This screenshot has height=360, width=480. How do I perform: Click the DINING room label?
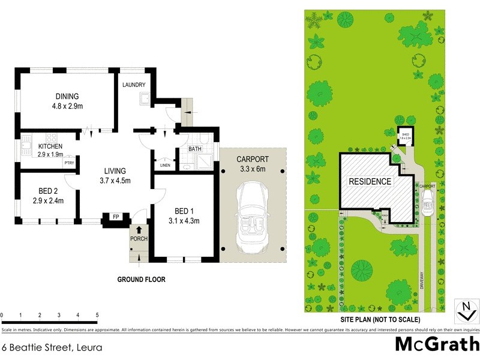pyautogui.click(x=67, y=96)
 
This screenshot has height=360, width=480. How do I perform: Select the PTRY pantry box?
pyautogui.click(x=70, y=162)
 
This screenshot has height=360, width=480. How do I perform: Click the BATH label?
pyautogui.click(x=195, y=149)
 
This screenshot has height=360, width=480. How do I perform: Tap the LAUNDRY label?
pyautogui.click(x=134, y=85)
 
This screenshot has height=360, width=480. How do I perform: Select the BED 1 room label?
pyautogui.click(x=183, y=212)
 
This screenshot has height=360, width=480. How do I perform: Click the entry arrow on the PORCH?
pyautogui.click(x=139, y=229)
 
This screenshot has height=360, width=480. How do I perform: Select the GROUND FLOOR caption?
pyautogui.click(x=141, y=279)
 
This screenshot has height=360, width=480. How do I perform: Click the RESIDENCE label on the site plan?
pyautogui.click(x=370, y=181)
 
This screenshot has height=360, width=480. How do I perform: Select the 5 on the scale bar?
pyautogui.click(x=97, y=314)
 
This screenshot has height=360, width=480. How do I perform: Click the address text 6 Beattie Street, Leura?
pyautogui.click(x=52, y=347)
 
